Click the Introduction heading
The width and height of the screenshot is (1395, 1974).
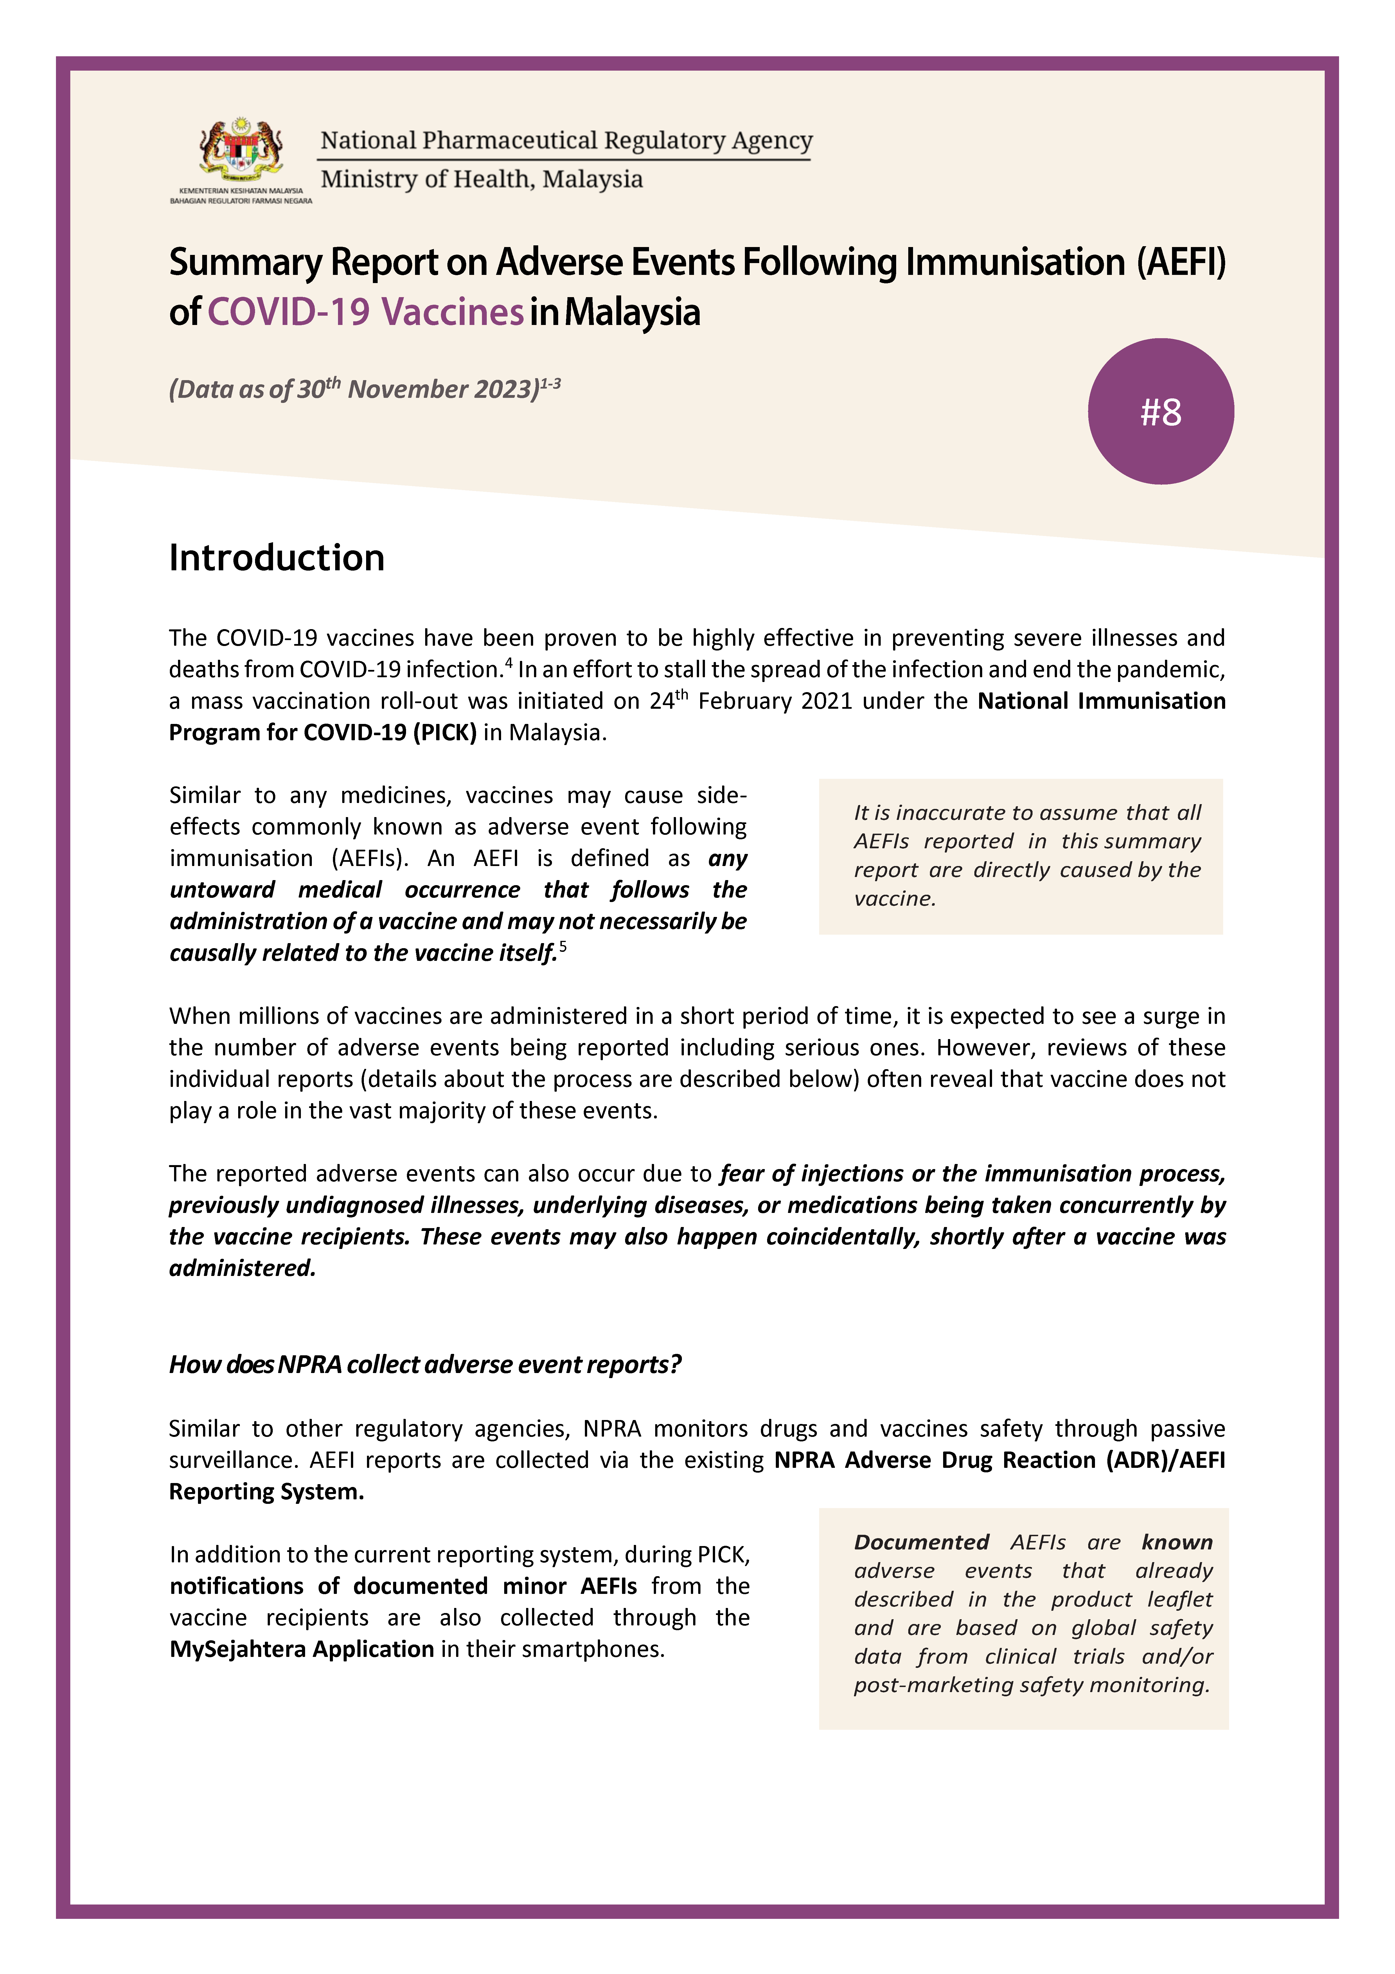tap(277, 558)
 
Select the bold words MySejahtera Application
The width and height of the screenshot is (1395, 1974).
tap(302, 1649)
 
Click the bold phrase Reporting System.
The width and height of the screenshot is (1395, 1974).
tap(267, 1492)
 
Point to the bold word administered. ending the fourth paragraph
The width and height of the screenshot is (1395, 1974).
tap(242, 1268)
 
